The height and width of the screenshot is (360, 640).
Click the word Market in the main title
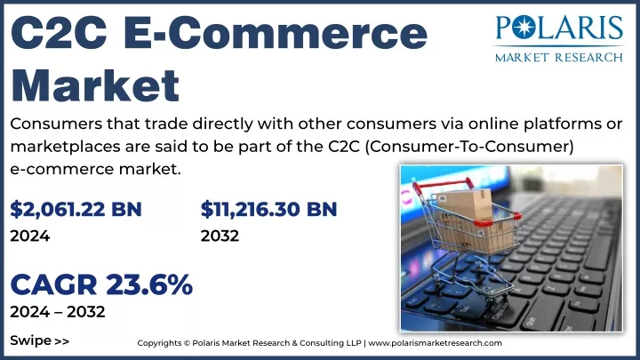click(x=95, y=85)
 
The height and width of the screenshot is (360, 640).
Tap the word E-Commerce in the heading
click(x=276, y=33)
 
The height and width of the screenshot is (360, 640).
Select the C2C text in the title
click(x=59, y=33)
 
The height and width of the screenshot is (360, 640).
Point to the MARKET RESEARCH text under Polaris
click(x=559, y=57)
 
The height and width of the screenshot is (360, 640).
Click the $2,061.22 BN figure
click(x=76, y=209)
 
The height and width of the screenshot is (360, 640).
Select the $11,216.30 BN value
click(x=268, y=209)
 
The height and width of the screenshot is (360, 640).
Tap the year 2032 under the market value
click(x=220, y=236)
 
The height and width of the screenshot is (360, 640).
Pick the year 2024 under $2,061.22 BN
click(x=30, y=236)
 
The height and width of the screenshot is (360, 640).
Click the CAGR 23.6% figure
click(x=101, y=284)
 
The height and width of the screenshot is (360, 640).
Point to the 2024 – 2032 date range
click(x=58, y=312)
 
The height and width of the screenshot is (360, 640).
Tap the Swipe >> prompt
click(x=40, y=340)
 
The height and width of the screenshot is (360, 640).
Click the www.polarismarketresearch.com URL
click(x=435, y=343)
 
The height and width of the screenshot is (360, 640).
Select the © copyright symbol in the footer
click(x=187, y=343)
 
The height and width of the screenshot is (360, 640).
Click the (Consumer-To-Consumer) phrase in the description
click(x=469, y=146)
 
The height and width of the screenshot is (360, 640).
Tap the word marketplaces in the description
click(x=65, y=147)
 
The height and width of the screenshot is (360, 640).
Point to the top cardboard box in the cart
click(x=464, y=204)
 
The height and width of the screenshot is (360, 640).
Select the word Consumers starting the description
click(x=56, y=124)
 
